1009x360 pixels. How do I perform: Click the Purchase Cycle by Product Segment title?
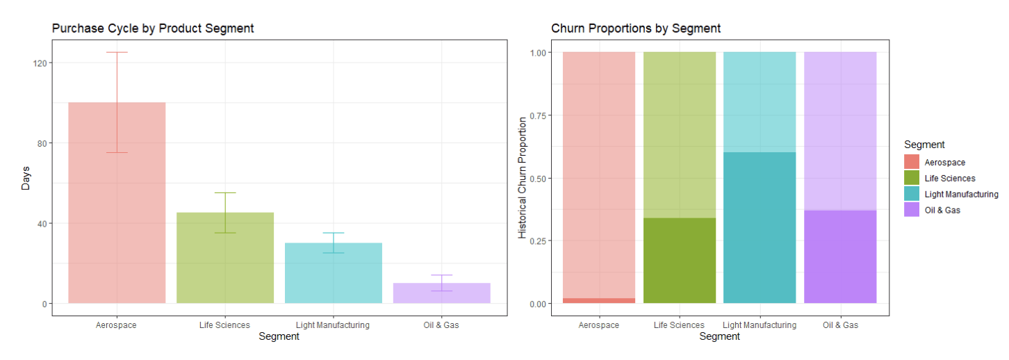click(x=153, y=28)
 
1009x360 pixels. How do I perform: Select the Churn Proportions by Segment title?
click(x=636, y=28)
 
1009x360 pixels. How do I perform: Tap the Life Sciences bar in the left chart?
click(x=225, y=258)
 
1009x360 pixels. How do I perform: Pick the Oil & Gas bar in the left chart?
click(x=442, y=293)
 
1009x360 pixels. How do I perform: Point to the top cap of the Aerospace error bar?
click(x=117, y=52)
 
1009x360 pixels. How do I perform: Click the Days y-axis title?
click(x=25, y=178)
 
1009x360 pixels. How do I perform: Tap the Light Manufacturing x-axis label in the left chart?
click(x=333, y=325)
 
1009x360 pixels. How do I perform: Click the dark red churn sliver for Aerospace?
click(x=598, y=300)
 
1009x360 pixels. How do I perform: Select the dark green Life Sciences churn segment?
click(x=679, y=261)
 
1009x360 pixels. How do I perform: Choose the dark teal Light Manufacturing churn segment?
click(x=760, y=228)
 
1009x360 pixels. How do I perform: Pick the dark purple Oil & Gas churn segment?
click(x=840, y=257)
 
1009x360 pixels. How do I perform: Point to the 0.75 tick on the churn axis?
click(x=539, y=115)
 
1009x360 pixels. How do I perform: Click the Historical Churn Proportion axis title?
click(x=523, y=178)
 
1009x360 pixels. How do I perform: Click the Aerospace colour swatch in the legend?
click(x=912, y=162)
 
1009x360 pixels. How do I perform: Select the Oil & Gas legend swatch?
click(x=912, y=210)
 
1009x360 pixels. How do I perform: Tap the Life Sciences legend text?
click(x=950, y=178)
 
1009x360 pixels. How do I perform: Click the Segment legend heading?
click(x=924, y=145)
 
